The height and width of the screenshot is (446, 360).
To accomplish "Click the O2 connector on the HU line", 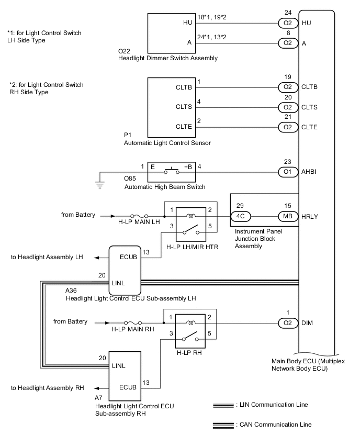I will [x=287, y=24].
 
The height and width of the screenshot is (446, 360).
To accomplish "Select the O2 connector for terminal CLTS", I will [x=287, y=107].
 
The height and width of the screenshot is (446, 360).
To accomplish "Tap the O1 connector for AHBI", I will [x=287, y=171].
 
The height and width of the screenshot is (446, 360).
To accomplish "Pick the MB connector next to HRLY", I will [x=287, y=216].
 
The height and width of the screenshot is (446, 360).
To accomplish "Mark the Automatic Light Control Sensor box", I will [x=170, y=107].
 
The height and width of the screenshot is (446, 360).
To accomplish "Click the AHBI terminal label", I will [x=310, y=171].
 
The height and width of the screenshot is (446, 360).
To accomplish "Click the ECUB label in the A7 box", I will [x=128, y=388].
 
